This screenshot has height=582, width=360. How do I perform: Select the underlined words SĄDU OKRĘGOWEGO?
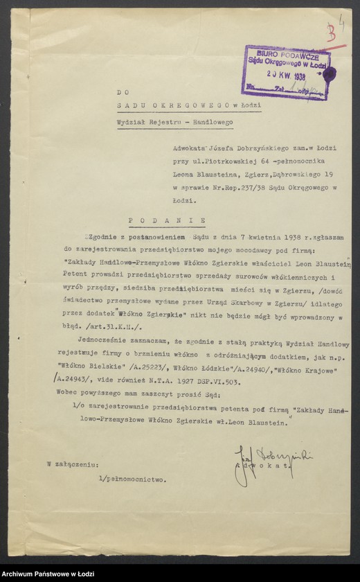coord(163,105)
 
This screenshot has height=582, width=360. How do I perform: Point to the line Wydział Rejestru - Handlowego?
coord(174,122)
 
